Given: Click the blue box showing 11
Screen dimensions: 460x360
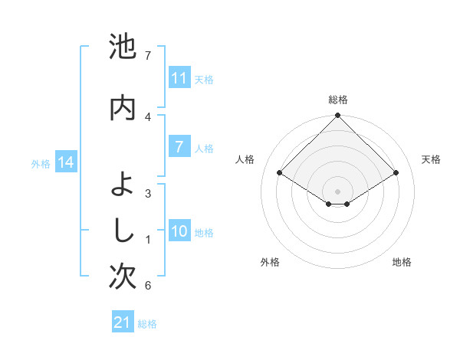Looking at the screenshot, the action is click(x=179, y=78).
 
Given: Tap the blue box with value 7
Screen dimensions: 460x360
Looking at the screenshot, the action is click(x=179, y=147).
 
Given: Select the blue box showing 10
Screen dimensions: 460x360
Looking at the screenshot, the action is click(x=179, y=231).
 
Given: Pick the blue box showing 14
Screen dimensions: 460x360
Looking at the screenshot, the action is click(x=65, y=162).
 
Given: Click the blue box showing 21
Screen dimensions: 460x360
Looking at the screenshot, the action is click(x=123, y=323).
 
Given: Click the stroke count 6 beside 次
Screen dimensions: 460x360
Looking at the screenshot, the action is click(x=148, y=286).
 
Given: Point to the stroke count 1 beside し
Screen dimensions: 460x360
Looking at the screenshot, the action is click(x=148, y=240).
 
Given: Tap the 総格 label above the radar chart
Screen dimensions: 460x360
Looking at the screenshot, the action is click(x=337, y=100).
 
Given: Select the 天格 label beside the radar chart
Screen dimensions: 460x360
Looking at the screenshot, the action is click(x=431, y=159).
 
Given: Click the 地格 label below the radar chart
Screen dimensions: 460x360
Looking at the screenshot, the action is click(x=402, y=262).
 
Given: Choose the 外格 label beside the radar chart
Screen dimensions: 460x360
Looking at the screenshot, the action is click(x=270, y=262).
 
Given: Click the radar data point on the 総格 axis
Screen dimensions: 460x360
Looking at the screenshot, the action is click(x=337, y=116).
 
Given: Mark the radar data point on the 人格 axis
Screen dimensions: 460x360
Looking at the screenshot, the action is click(x=280, y=173).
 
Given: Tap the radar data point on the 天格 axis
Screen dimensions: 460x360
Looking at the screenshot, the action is click(x=396, y=173).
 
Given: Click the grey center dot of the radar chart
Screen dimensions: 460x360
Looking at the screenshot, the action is click(x=337, y=191).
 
